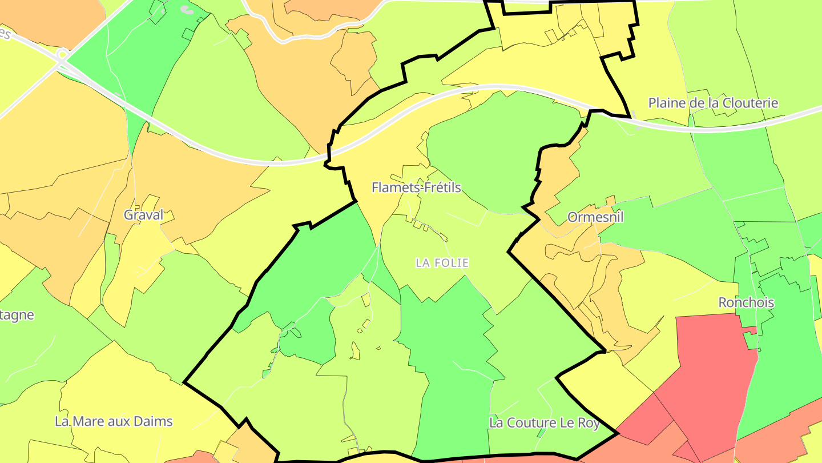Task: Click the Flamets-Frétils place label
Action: click(416, 187)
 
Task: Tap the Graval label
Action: click(143, 215)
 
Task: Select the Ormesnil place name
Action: click(595, 217)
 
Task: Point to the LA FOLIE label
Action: click(442, 263)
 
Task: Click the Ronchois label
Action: click(746, 302)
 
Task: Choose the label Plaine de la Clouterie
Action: click(713, 103)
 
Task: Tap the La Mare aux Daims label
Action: click(114, 422)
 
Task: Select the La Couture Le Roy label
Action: click(545, 423)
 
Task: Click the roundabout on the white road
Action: click(62, 55)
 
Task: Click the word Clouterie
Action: click(750, 103)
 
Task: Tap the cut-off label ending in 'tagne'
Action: click(17, 316)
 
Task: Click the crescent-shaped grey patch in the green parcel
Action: click(186, 9)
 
